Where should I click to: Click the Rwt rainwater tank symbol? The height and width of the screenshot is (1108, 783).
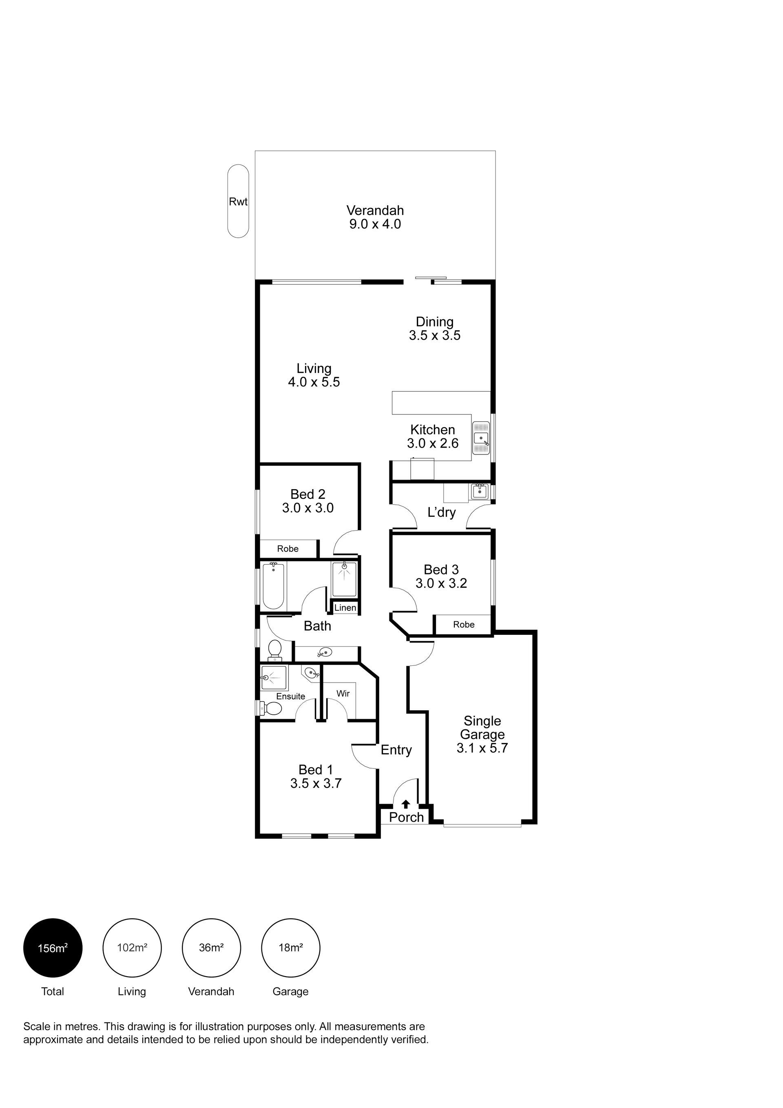[238, 201]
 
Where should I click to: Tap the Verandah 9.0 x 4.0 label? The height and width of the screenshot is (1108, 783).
[375, 217]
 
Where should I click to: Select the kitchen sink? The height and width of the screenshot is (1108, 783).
[481, 438]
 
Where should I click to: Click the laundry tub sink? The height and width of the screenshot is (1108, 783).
[480, 491]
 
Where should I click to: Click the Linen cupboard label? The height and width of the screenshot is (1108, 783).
[345, 607]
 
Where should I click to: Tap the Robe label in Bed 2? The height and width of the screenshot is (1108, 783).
[288, 549]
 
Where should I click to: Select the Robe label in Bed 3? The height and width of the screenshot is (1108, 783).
[464, 625]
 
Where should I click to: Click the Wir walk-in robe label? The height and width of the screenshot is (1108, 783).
[343, 694]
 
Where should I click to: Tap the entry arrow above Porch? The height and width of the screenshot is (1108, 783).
[406, 804]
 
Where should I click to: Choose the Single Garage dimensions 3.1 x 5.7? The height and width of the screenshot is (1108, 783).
[482, 748]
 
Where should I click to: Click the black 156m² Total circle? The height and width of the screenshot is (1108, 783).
[53, 948]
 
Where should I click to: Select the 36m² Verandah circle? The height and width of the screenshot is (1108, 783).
[211, 948]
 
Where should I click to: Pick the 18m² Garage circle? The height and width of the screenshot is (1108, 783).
[290, 948]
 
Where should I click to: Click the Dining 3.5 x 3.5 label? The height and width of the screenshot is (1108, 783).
[435, 329]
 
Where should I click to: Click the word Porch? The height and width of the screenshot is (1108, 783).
[406, 817]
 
